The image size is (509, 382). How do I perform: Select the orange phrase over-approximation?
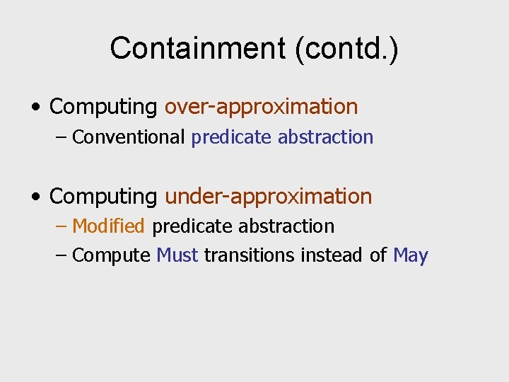(261, 107)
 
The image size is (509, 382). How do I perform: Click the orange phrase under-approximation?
(268, 196)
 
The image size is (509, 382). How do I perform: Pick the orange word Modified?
(108, 226)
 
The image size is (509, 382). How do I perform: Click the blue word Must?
(177, 255)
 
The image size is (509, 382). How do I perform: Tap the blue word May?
(410, 255)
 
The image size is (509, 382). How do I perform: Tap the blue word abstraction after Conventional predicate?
(325, 137)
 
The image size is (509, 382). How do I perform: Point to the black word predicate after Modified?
(192, 226)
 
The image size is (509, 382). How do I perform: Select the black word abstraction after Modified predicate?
(286, 226)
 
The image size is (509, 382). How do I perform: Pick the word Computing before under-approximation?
(104, 196)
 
